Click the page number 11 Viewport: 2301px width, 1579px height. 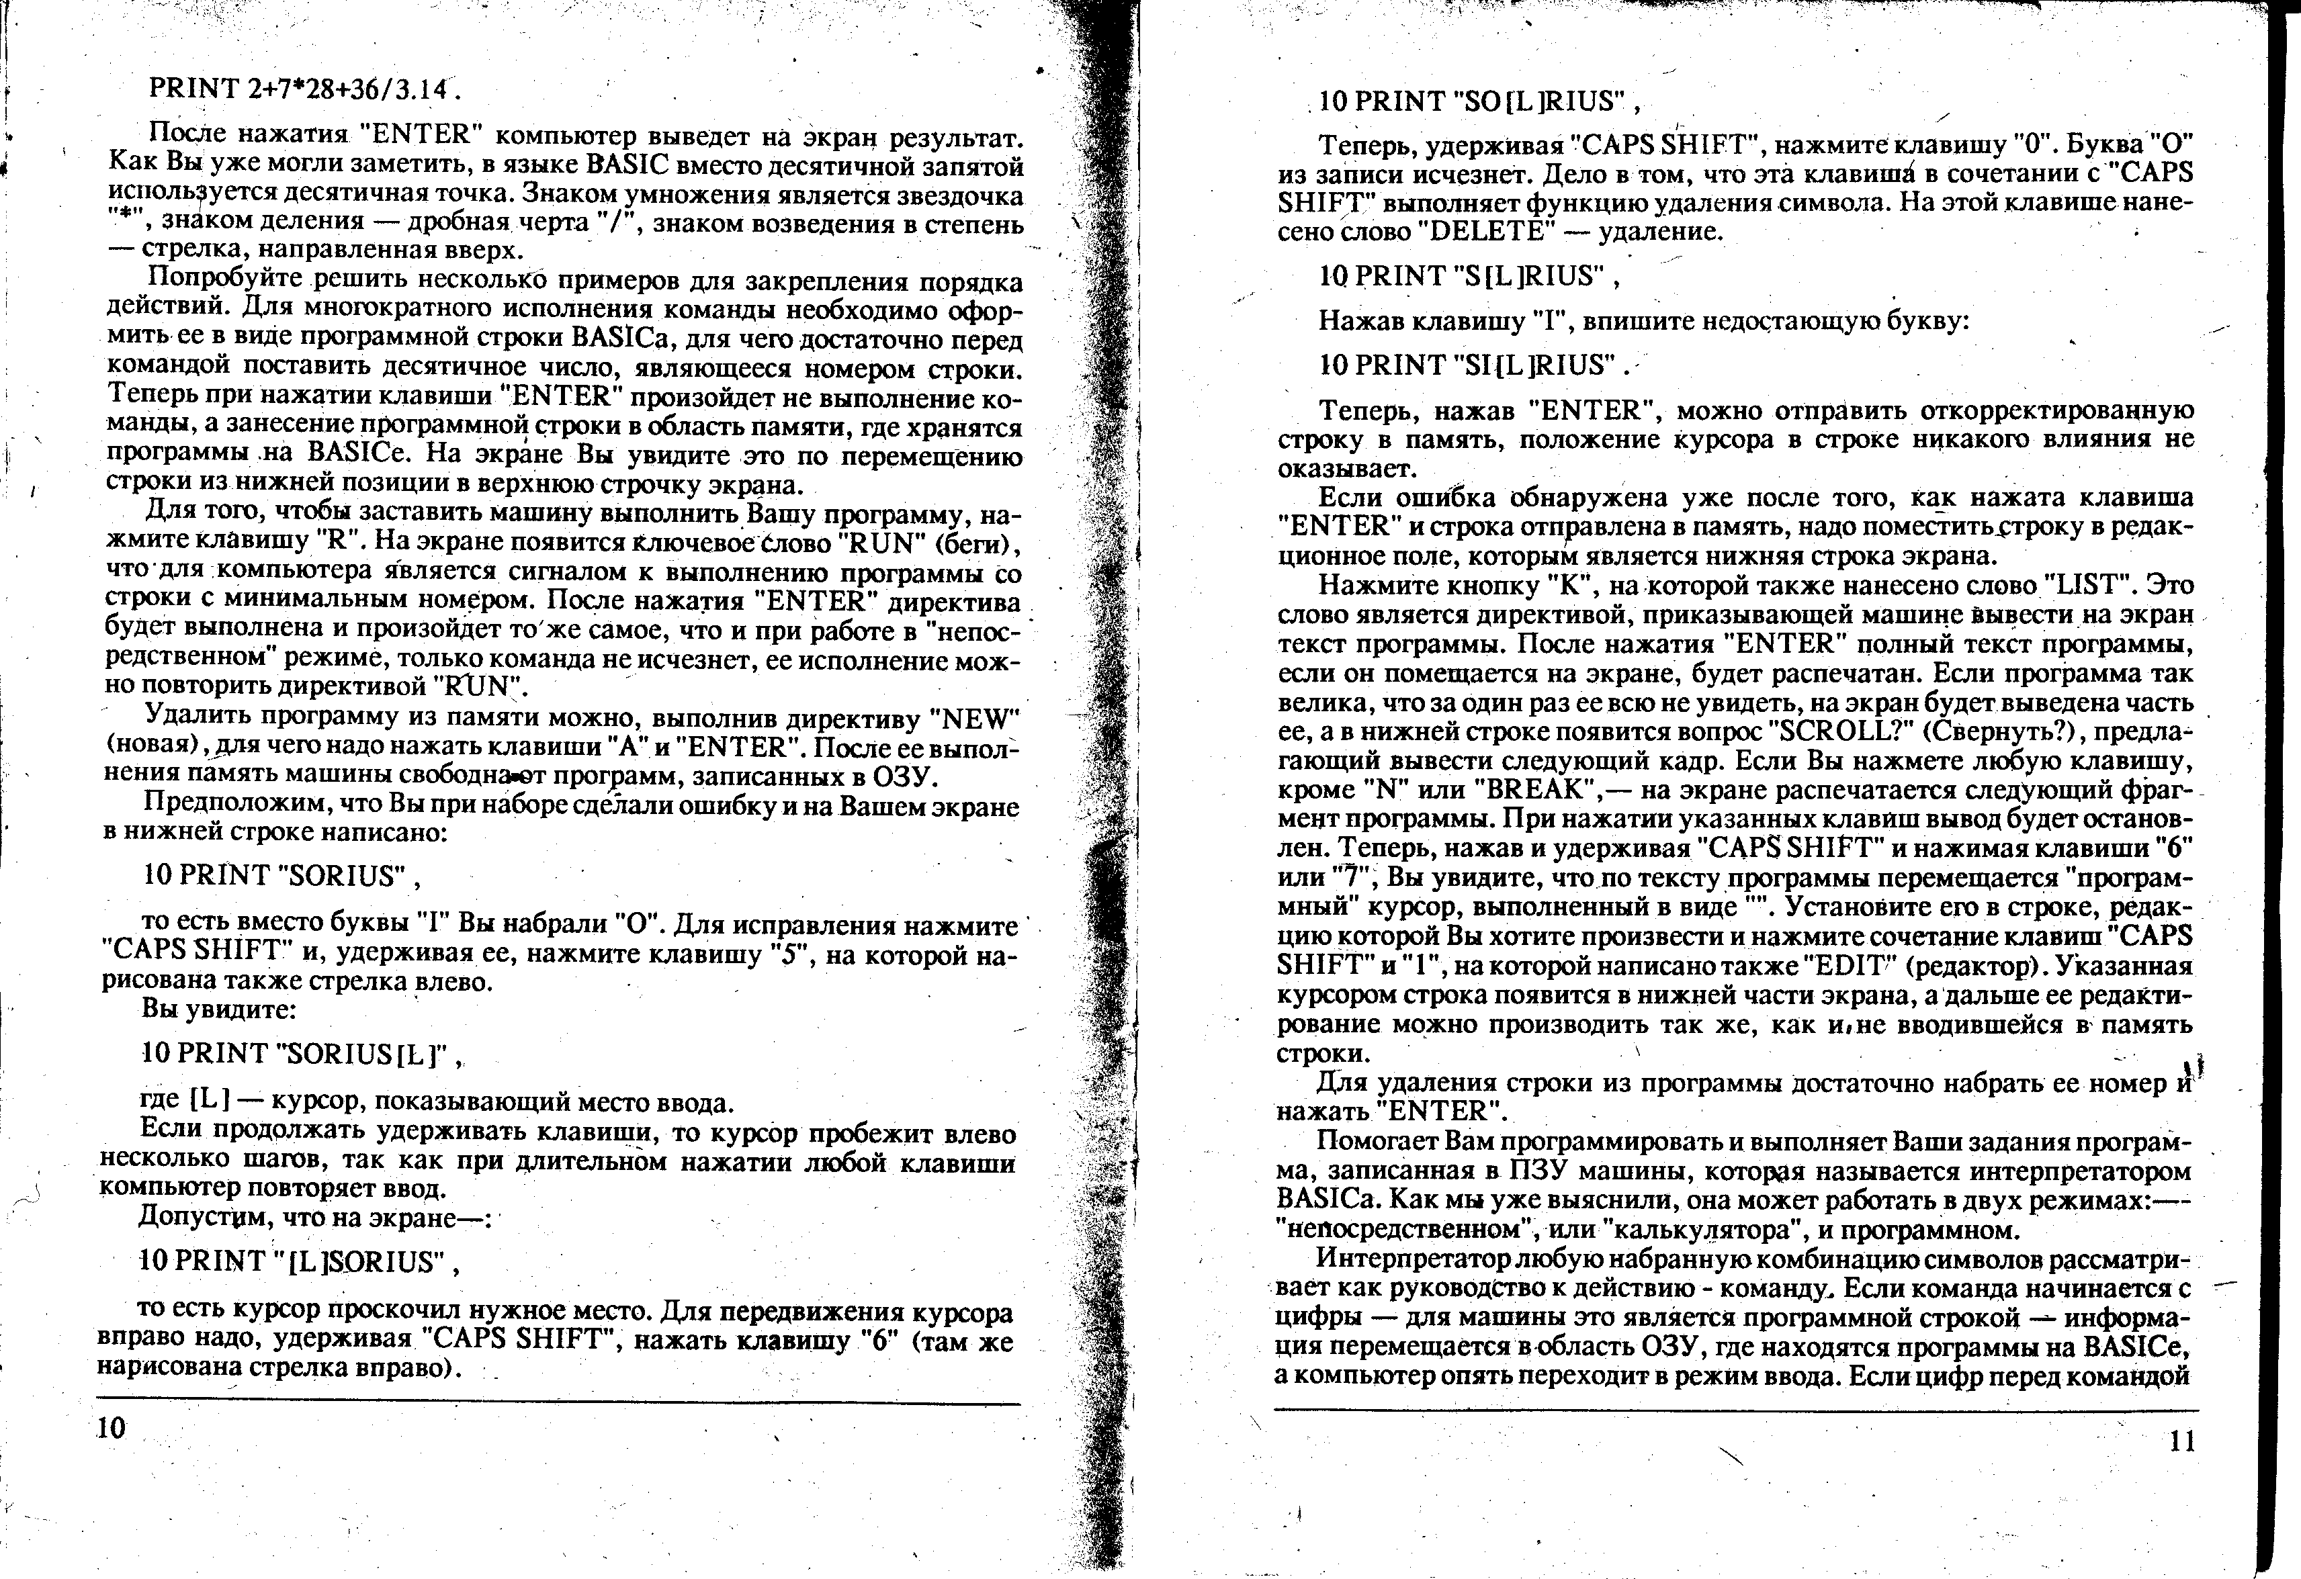coord(2181,1441)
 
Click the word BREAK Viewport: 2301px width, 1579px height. coord(1527,790)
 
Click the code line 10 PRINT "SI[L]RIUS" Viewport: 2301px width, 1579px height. coord(1469,366)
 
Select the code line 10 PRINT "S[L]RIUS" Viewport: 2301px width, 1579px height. coord(1463,277)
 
